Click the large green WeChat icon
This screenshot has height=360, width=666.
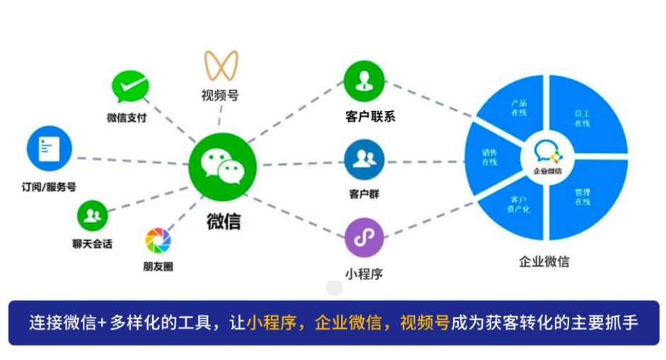(x=222, y=167)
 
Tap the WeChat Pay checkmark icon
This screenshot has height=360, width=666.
(x=130, y=86)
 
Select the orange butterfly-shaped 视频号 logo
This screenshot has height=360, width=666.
(x=221, y=65)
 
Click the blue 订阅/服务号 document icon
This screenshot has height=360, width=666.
(x=50, y=149)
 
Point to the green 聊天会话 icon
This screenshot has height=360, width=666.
(x=92, y=216)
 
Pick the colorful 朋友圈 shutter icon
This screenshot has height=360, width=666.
(x=158, y=240)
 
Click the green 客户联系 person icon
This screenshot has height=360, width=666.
(x=364, y=81)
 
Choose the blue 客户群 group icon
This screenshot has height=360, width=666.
(x=364, y=160)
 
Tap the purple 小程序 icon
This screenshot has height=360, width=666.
(x=364, y=238)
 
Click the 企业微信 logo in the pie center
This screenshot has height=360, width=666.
(x=548, y=158)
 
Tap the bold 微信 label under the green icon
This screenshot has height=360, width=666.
(x=224, y=221)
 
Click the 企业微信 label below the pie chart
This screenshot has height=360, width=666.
(x=544, y=262)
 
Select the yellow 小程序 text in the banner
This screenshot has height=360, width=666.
(x=271, y=323)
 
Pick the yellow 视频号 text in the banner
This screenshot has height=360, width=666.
(x=425, y=323)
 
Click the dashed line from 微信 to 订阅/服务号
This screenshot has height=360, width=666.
(x=133, y=161)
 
